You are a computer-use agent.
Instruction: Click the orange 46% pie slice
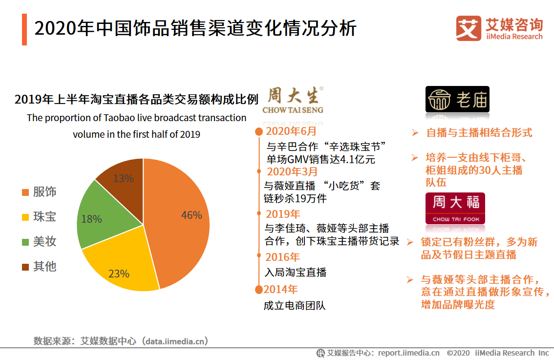181,220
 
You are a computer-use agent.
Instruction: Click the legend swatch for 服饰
25,192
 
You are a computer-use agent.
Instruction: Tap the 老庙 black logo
457,100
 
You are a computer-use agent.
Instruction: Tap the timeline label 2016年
282,257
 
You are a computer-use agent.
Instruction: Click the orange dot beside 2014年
258,290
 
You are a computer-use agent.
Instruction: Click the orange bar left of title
24,29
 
